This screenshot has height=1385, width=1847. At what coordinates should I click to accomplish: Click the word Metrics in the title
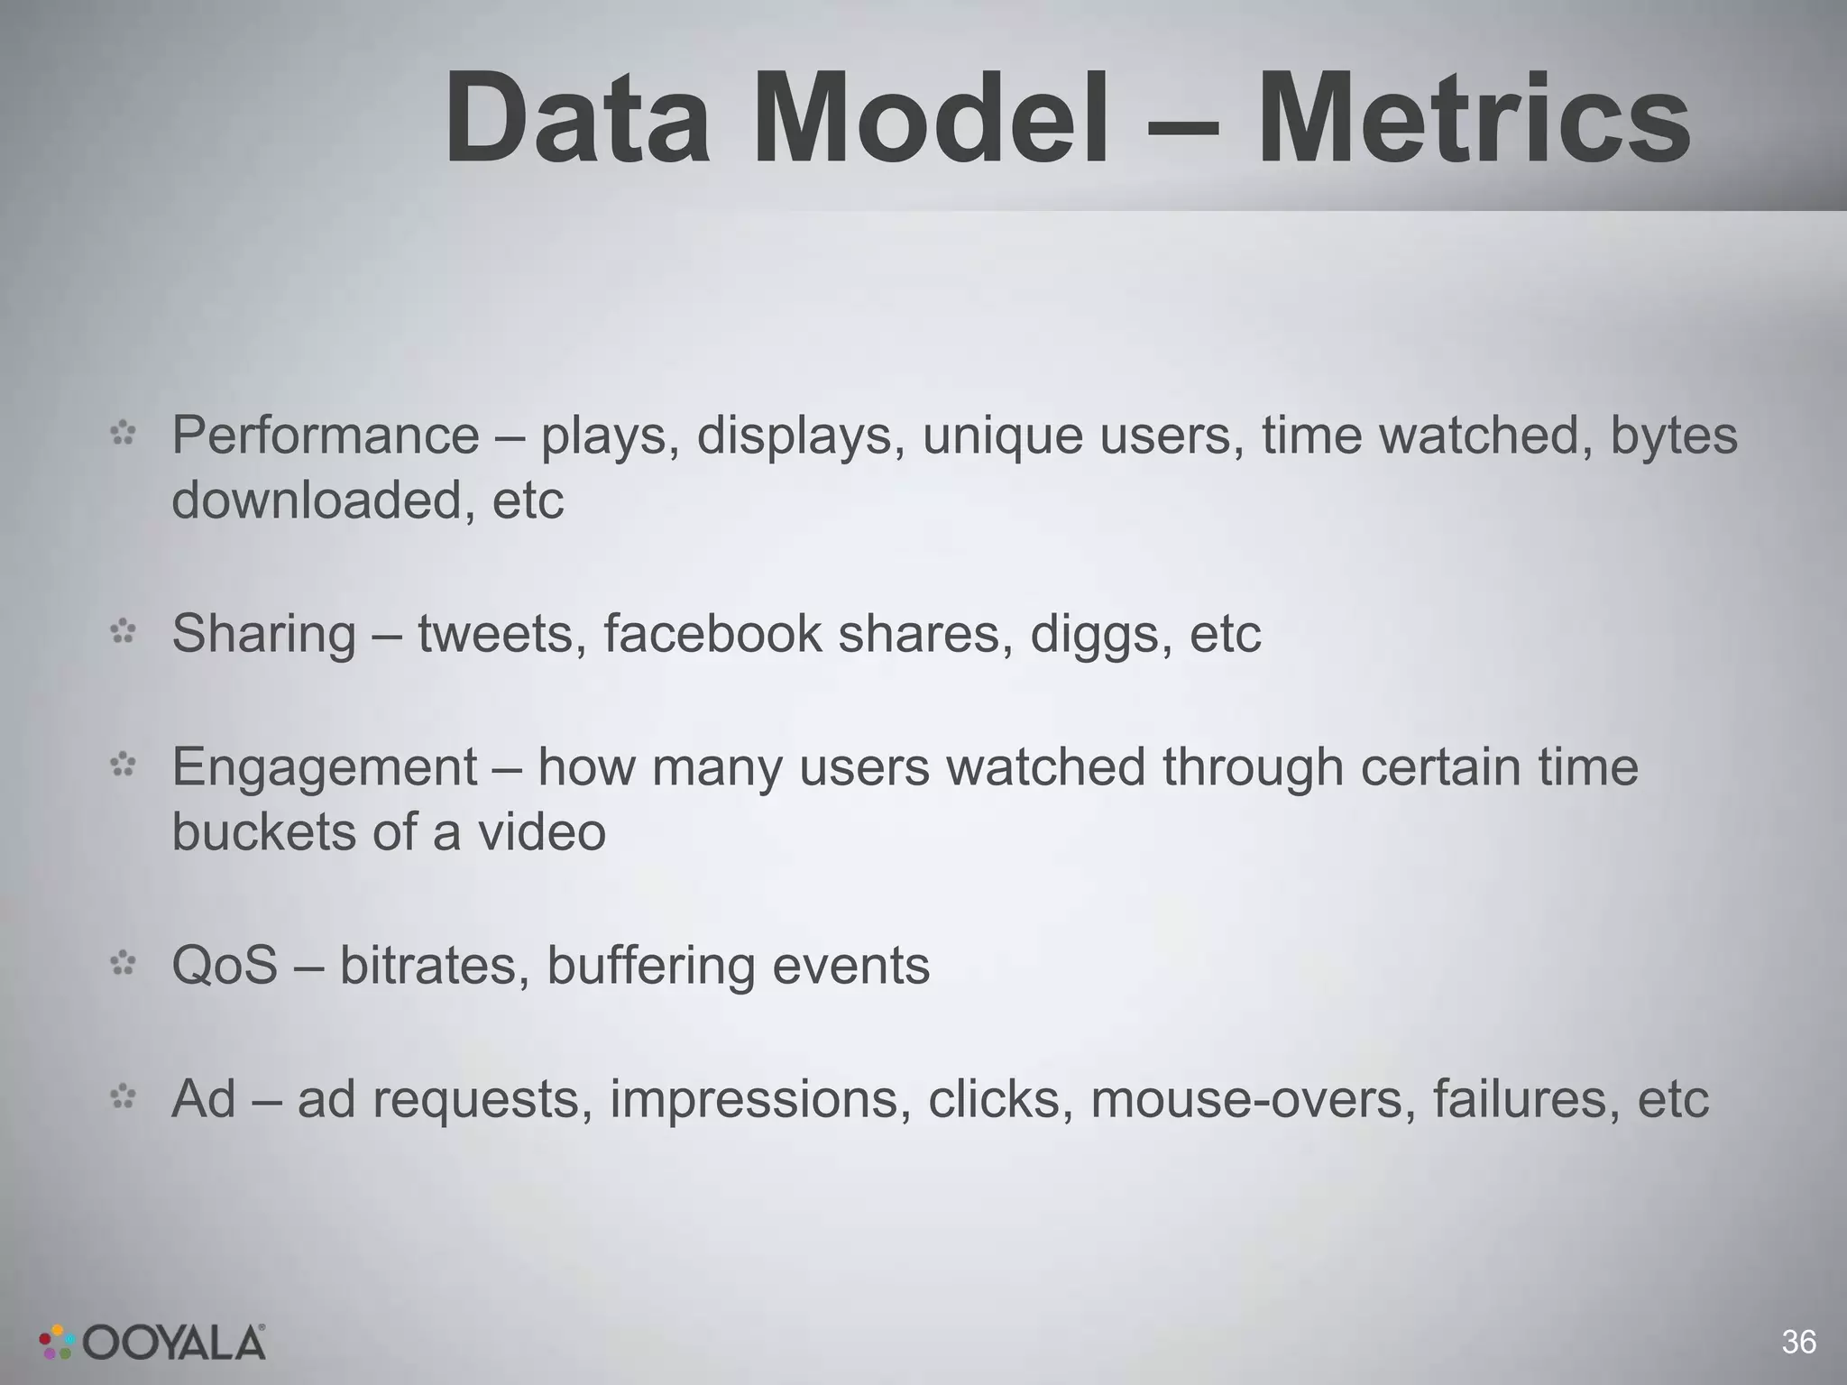pyautogui.click(x=1474, y=120)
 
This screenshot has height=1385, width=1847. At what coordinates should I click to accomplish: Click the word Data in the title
pyautogui.click(x=577, y=120)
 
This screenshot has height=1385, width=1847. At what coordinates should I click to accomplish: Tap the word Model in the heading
pyautogui.click(x=937, y=120)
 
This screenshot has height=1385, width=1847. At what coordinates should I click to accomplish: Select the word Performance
pyautogui.click(x=326, y=436)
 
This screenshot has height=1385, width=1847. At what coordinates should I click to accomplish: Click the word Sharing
pyautogui.click(x=263, y=634)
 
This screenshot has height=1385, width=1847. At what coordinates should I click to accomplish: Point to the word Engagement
pyautogui.click(x=325, y=768)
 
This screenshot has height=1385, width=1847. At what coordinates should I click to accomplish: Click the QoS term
pyautogui.click(x=225, y=966)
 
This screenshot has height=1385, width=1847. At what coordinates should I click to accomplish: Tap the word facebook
pyautogui.click(x=712, y=634)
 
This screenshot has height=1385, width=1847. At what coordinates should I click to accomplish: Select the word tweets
pyautogui.click(x=496, y=634)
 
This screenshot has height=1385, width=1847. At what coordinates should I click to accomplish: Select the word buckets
pyautogui.click(x=262, y=831)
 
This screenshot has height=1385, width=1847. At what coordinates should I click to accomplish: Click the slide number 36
pyautogui.click(x=1798, y=1342)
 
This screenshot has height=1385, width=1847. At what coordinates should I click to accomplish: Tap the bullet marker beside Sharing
pyautogui.click(x=123, y=633)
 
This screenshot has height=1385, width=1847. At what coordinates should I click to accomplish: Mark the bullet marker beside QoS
pyautogui.click(x=123, y=965)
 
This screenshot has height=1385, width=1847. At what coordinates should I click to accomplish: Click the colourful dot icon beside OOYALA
pyautogui.click(x=57, y=1342)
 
